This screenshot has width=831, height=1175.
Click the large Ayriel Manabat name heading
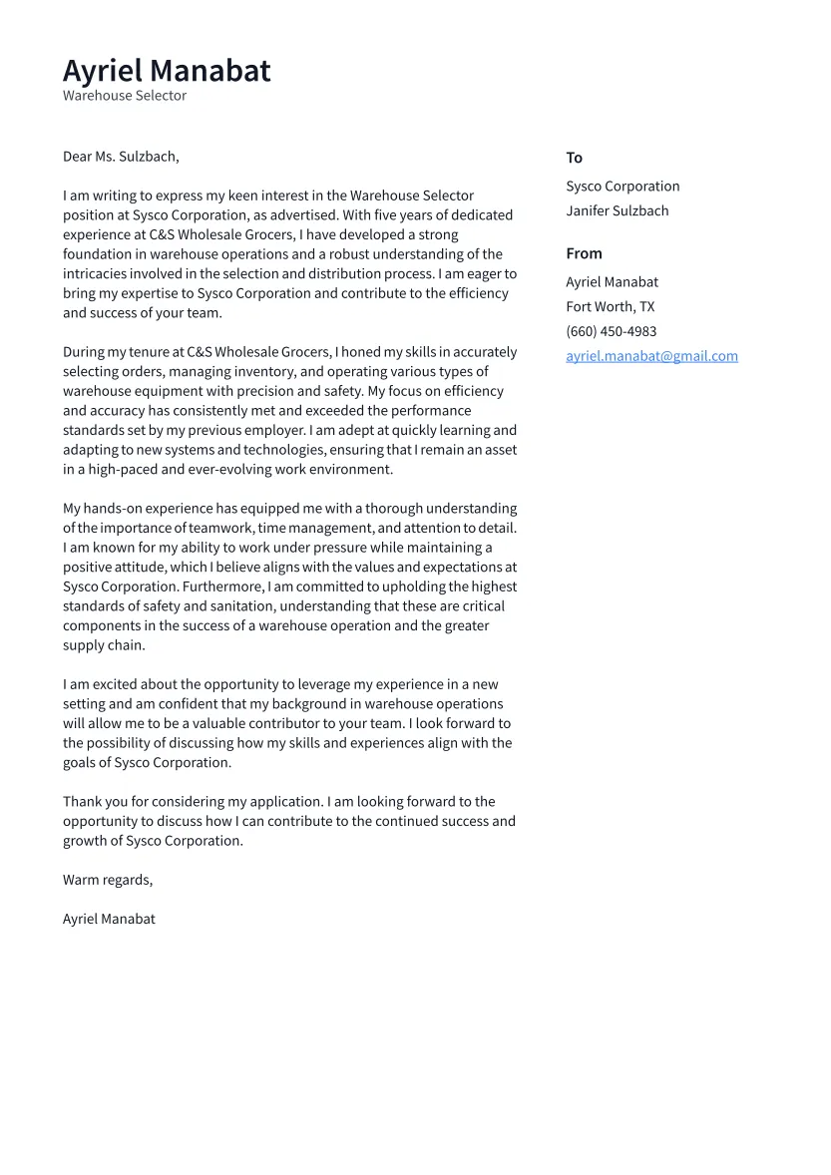click(x=167, y=71)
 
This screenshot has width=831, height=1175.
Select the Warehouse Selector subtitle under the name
click(x=125, y=96)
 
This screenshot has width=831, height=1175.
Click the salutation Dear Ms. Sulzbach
click(x=121, y=157)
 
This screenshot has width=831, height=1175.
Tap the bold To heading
click(x=574, y=158)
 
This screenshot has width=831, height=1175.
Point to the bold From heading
click(x=584, y=253)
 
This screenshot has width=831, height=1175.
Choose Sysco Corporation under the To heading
click(x=623, y=187)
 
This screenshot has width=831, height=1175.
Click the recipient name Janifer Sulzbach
click(x=618, y=210)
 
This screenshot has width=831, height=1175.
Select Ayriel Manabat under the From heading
click(x=612, y=282)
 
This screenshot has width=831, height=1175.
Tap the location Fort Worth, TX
click(x=610, y=307)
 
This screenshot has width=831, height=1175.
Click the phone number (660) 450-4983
click(x=611, y=331)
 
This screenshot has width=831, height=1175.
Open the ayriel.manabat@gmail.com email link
click(x=651, y=356)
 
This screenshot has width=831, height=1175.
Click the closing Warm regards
click(x=108, y=880)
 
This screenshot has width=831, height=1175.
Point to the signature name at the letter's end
click(x=109, y=919)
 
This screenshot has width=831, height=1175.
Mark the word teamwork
click(x=220, y=528)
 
